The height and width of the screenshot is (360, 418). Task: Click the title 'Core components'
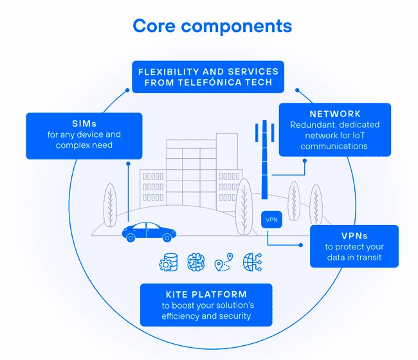212,26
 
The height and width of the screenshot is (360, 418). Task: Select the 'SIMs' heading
84,123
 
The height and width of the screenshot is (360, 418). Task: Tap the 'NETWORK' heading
335,114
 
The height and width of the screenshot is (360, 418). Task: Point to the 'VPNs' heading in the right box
354,236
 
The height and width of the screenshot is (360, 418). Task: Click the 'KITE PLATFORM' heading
206,294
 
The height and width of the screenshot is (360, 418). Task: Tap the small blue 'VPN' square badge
271,220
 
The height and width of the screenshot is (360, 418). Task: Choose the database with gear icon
169,262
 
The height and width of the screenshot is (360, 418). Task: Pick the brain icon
195,262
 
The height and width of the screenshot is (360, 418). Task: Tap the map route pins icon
223,263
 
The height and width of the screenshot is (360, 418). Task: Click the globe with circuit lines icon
251,262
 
